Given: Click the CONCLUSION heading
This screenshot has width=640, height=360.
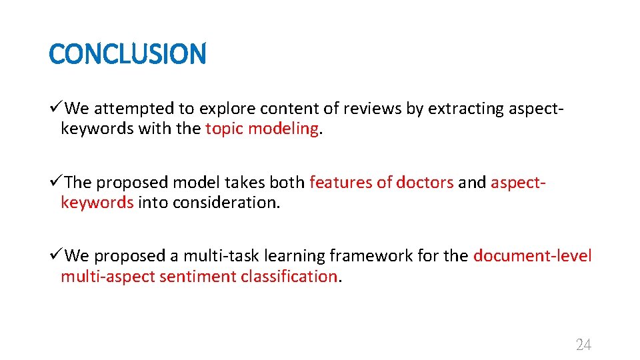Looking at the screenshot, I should (x=128, y=54).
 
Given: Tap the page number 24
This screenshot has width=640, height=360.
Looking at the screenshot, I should (x=583, y=345).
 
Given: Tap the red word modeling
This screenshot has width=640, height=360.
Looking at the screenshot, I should (x=283, y=129).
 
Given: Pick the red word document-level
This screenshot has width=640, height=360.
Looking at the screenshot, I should (x=532, y=256).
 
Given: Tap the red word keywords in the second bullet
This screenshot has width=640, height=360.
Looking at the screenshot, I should (x=97, y=202).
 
